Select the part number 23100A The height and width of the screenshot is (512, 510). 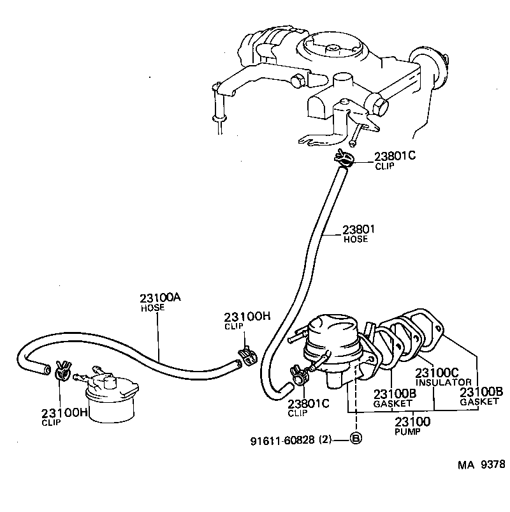pos(161,297)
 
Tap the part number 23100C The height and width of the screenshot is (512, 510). pos(437,373)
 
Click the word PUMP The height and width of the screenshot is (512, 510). pos(404,432)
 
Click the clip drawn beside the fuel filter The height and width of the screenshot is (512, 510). pos(62,370)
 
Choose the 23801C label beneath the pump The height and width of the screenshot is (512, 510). pos(309,403)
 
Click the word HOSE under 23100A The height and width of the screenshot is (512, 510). pos(152,307)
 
